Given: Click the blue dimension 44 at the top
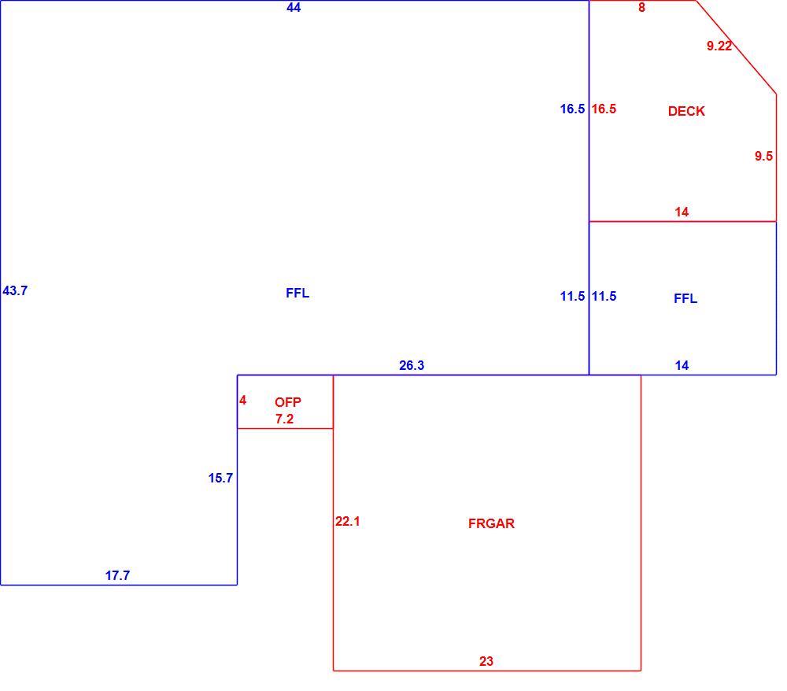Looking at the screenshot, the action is (294, 8).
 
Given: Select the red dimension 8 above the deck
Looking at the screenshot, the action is (641, 8).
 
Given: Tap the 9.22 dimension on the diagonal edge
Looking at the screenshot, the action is (719, 46).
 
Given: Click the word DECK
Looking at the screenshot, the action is (686, 111).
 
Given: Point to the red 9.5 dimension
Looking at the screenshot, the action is (763, 156).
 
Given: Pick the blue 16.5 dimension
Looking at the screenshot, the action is (572, 109).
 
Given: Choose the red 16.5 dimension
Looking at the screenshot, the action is (604, 109).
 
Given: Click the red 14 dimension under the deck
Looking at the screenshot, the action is (682, 212).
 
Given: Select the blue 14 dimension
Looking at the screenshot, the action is (682, 365).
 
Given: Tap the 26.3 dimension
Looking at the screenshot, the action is (412, 365).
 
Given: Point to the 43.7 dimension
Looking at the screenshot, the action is (15, 290).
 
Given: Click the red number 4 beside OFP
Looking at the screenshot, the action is (243, 401).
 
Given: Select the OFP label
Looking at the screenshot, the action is (288, 402).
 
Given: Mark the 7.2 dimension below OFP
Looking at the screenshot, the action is (285, 419).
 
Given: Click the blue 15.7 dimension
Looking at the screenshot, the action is (221, 479).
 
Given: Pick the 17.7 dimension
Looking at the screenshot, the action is (117, 575).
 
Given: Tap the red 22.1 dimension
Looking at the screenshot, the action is (348, 521).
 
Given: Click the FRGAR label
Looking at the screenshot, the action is (491, 523).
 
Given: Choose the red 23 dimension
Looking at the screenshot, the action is (486, 661).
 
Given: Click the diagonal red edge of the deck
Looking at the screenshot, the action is (737, 47).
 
